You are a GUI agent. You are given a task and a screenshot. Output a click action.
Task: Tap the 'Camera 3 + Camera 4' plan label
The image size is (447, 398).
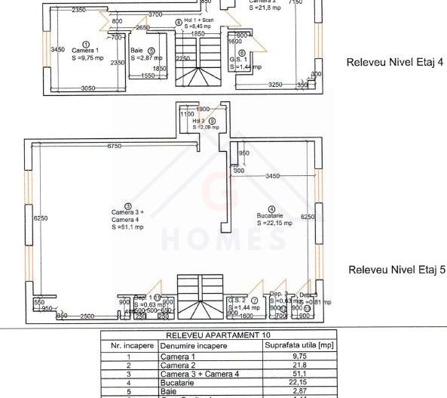127,216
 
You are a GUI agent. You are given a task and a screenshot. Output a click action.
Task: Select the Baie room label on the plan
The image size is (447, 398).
136,51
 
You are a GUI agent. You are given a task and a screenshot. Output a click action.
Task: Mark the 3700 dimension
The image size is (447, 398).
156,14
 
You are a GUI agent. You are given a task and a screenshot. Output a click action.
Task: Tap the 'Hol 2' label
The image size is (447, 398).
198,120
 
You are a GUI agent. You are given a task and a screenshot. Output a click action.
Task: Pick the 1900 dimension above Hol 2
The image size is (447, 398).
203,108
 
